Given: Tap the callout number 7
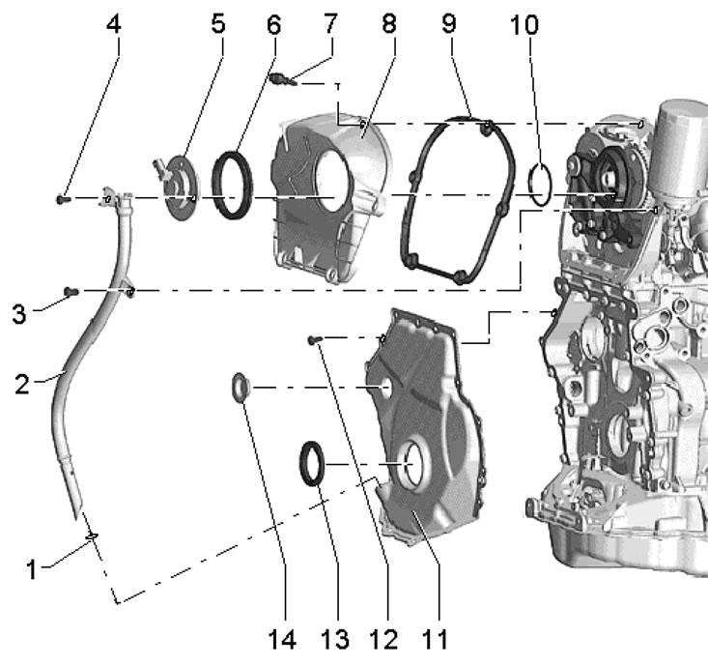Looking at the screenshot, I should (x=331, y=21).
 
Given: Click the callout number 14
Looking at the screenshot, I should (x=283, y=641).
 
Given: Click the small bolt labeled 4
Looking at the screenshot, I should (x=63, y=198).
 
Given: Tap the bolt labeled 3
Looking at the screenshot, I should (x=71, y=290).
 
